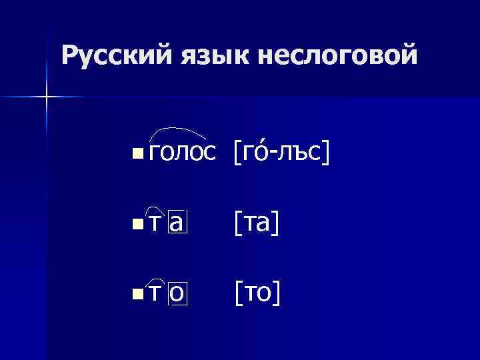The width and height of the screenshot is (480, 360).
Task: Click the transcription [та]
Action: (255, 223)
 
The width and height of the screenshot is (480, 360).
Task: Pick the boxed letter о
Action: (178, 293)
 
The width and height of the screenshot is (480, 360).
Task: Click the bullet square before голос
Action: (137, 154)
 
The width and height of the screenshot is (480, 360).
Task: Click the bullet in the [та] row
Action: (137, 223)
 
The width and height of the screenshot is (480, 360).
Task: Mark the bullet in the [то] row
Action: (137, 293)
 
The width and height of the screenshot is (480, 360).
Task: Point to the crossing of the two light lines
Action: (47, 97)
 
